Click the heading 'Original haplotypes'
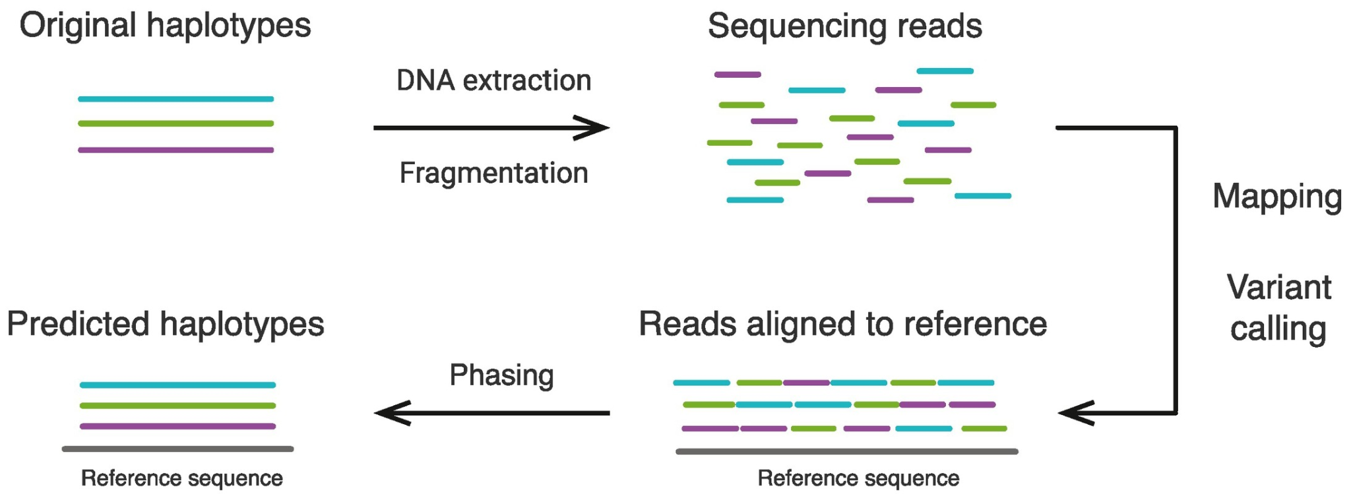pyautogui.click(x=165, y=26)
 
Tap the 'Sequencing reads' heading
pyautogui.click(x=844, y=26)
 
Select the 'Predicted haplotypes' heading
pyautogui.click(x=166, y=324)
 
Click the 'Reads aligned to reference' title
pyautogui.click(x=842, y=324)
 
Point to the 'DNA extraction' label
pyautogui.click(x=493, y=80)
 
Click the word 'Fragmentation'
pyautogui.click(x=493, y=173)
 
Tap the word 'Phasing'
pyautogui.click(x=501, y=375)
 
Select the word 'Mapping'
pyautogui.click(x=1277, y=196)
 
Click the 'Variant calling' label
pyautogui.click(x=1278, y=307)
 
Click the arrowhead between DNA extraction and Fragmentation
pyautogui.click(x=594, y=128)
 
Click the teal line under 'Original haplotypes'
pyautogui.click(x=175, y=100)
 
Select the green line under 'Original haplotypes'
pyautogui.click(x=175, y=124)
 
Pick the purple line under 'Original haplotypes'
pyautogui.click(x=175, y=150)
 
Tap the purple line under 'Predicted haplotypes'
pyautogui.click(x=177, y=426)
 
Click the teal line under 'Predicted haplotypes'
pyautogui.click(x=177, y=385)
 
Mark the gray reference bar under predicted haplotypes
pyautogui.click(x=177, y=449)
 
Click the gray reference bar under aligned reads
pyautogui.click(x=846, y=452)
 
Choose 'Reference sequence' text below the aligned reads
pyautogui.click(x=858, y=478)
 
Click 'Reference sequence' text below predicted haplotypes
pyautogui.click(x=181, y=478)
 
